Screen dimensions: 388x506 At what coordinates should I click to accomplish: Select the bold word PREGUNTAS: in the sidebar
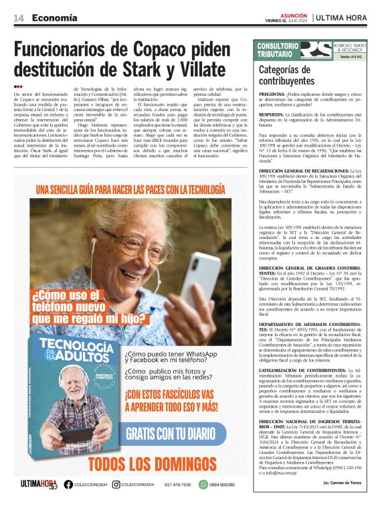[272, 96]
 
